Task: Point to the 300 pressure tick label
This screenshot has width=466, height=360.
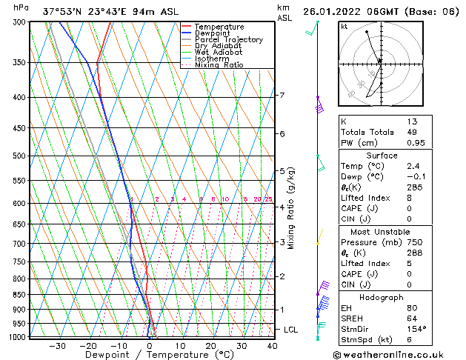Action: click(x=20, y=22)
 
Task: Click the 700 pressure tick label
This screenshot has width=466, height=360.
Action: click(x=20, y=244)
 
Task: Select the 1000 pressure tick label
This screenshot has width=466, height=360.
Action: click(x=18, y=337)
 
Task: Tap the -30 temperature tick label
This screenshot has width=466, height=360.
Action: click(x=57, y=346)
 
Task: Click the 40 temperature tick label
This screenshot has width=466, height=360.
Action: click(x=272, y=346)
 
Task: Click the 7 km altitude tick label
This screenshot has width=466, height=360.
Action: click(x=282, y=96)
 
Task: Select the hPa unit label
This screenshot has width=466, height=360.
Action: click(x=21, y=7)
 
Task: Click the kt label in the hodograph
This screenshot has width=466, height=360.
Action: click(x=344, y=27)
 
